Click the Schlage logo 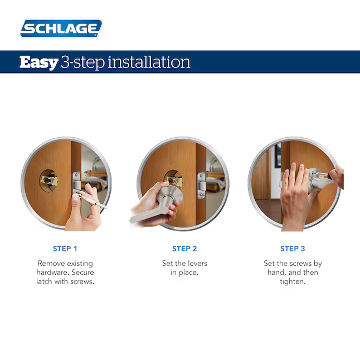[x=61, y=28]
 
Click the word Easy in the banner [x=38, y=62]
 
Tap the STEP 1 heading [x=65, y=249]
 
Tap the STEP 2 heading [x=184, y=249]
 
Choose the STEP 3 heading [x=293, y=249]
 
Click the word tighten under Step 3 [x=293, y=281]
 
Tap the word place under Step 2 [x=189, y=273]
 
